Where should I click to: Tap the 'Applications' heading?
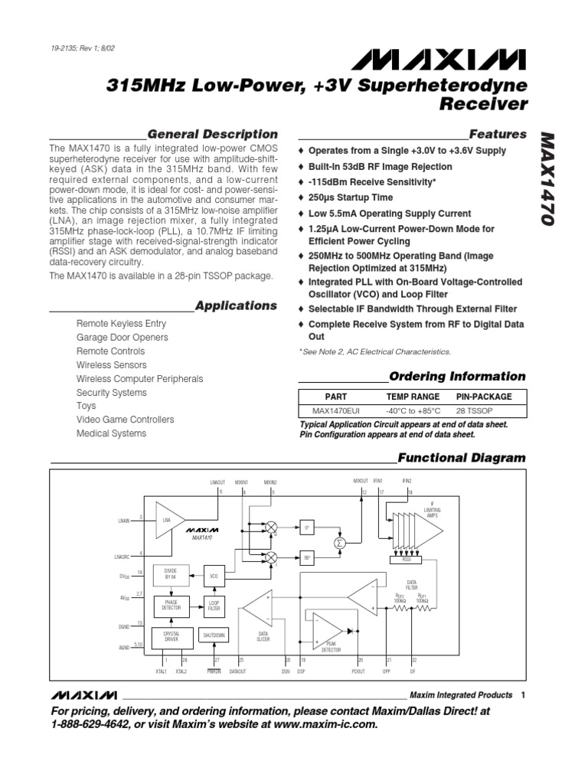236,305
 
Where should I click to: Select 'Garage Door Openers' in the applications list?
121,338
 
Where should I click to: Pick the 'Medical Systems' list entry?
111,433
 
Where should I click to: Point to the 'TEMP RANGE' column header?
413,397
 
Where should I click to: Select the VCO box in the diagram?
214,575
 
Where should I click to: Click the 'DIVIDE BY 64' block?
171,575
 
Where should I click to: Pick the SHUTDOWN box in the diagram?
214,635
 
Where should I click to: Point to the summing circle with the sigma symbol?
339,543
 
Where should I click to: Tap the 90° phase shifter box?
306,558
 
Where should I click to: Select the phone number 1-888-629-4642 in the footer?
95,724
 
